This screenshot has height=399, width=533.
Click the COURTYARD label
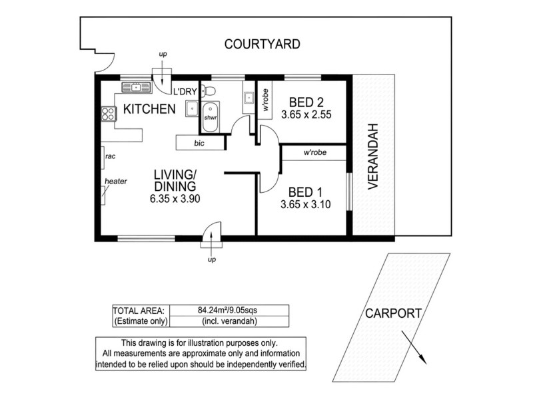pyautogui.click(x=262, y=45)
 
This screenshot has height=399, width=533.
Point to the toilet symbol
pyautogui.click(x=209, y=92)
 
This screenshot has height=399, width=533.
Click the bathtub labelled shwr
pyautogui.click(x=210, y=118)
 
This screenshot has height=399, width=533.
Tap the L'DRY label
pyautogui.click(x=185, y=92)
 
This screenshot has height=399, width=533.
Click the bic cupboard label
pyautogui.click(x=199, y=143)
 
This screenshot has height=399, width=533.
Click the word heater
pyautogui.click(x=115, y=181)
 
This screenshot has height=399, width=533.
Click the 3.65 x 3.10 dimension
pyautogui.click(x=306, y=204)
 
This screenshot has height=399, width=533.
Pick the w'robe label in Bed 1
pyautogui.click(x=314, y=153)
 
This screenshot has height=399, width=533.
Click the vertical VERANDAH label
pyautogui.click(x=373, y=156)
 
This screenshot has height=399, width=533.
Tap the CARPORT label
pyautogui.click(x=393, y=313)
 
